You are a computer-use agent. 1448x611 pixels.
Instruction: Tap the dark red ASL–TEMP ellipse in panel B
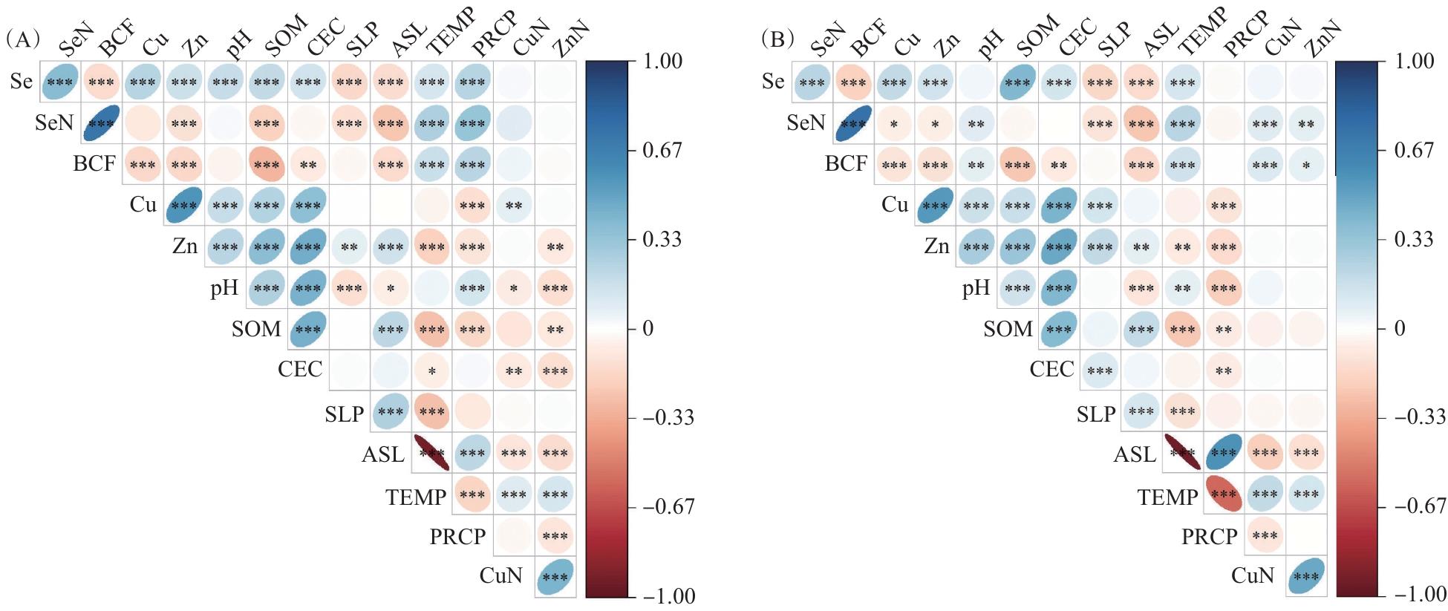point(1182,453)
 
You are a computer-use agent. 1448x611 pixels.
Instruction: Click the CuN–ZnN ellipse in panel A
point(555,576)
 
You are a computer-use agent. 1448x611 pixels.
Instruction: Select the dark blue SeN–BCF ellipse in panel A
point(102,122)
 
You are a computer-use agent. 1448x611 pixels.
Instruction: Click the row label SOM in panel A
point(256,328)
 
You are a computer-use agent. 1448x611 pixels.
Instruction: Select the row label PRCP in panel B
point(1209,535)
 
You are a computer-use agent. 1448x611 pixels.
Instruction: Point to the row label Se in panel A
point(22,81)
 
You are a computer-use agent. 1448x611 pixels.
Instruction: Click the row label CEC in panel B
point(1051,369)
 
